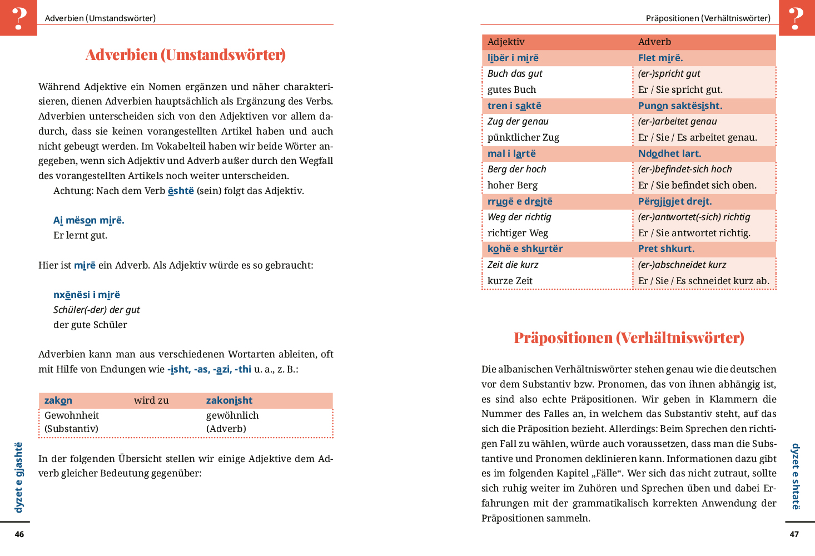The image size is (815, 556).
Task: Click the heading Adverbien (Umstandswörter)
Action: tap(186, 55)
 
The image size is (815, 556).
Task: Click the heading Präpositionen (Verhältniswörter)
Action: tap(629, 338)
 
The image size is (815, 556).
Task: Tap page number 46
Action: tap(19, 534)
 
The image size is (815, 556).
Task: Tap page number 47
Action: tap(794, 534)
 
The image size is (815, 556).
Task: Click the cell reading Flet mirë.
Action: tap(660, 58)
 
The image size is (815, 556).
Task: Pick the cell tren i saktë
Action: tap(514, 106)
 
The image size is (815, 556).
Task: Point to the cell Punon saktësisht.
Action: tap(680, 106)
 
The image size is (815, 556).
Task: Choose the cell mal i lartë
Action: tap(511, 154)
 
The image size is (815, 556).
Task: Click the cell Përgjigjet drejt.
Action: tap(675, 202)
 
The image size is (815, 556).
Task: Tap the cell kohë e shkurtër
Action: tap(525, 249)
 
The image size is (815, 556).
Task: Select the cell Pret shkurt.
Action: tap(666, 249)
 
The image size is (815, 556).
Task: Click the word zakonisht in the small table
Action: tap(229, 401)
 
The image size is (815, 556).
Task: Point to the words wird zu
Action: tap(151, 401)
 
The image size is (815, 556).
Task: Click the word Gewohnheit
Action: tap(72, 416)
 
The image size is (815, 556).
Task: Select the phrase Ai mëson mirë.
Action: tap(89, 221)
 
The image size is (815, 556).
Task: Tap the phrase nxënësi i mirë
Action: tap(87, 295)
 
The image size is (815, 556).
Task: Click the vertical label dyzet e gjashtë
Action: tap(19, 477)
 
